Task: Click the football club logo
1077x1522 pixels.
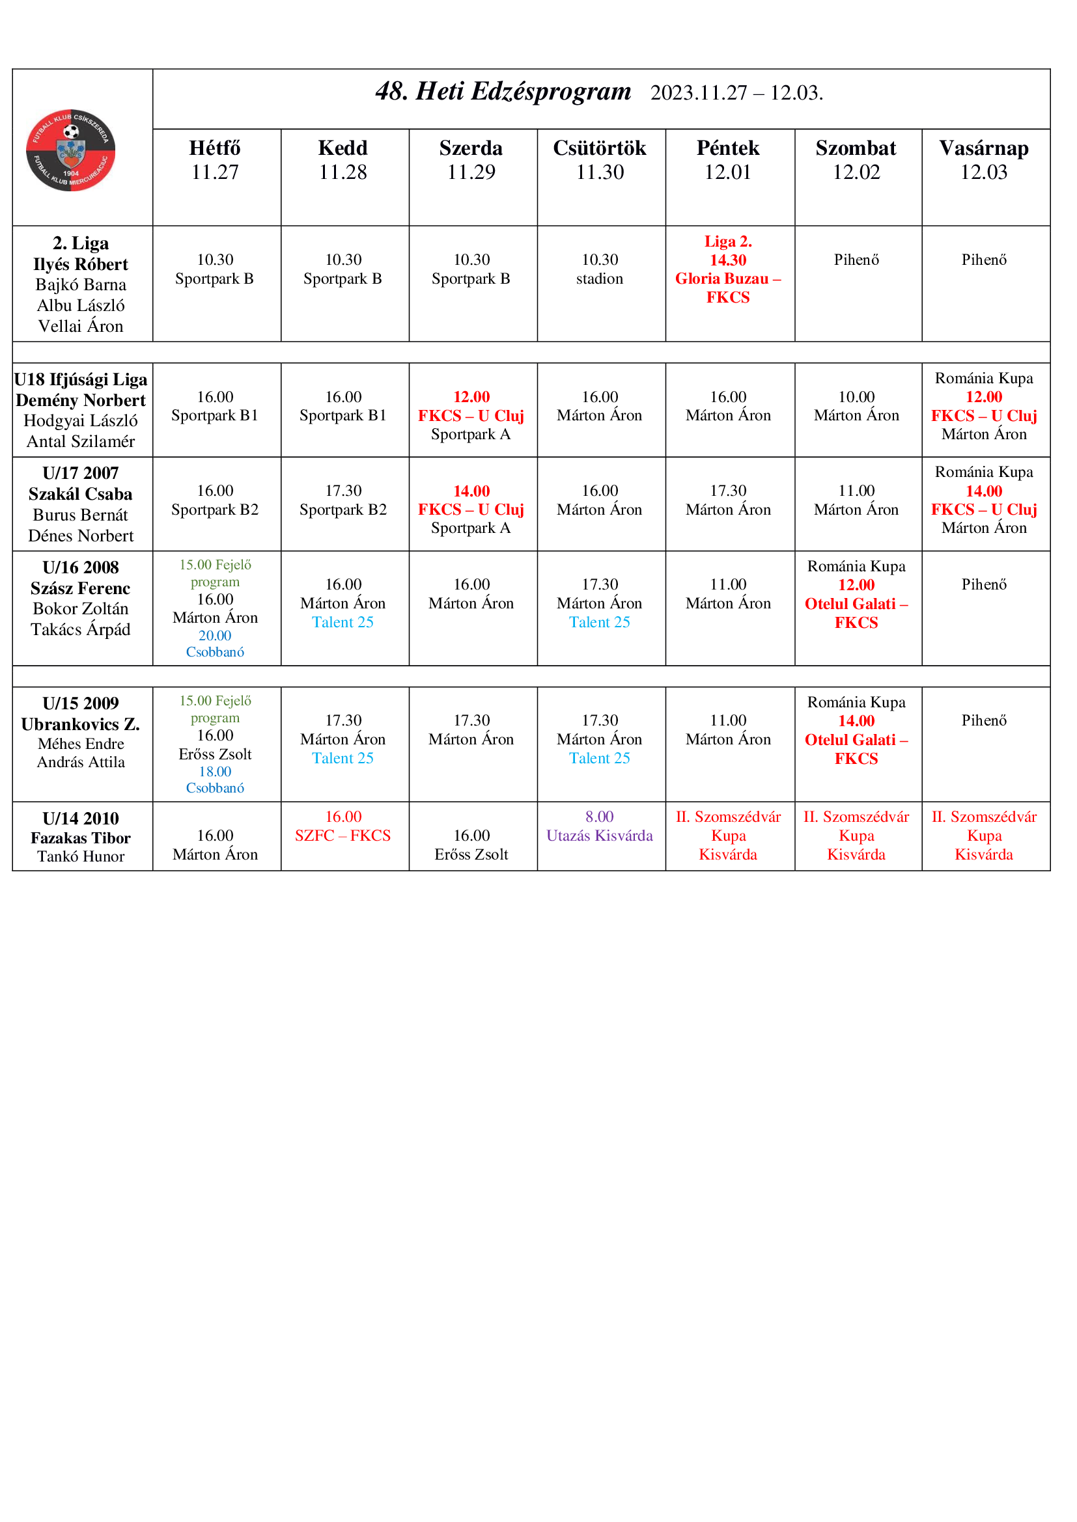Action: pos(70,150)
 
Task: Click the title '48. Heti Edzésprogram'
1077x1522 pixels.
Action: pos(503,92)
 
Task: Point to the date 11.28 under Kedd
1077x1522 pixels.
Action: pos(343,172)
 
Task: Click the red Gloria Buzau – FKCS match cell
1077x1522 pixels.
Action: pos(727,279)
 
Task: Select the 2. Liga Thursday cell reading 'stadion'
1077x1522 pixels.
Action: pos(600,279)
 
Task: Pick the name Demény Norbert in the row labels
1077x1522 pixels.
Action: pos(80,400)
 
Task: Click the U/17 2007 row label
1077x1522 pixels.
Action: pos(80,473)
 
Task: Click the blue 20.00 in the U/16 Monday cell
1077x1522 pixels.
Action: pos(215,635)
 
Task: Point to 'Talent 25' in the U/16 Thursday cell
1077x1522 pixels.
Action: pos(600,622)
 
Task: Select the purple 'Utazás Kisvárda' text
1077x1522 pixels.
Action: pos(600,836)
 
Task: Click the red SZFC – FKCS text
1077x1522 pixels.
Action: pos(343,836)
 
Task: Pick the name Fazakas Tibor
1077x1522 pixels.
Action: pos(80,838)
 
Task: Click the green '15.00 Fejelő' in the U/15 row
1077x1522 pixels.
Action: pos(215,701)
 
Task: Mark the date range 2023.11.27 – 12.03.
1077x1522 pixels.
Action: pos(736,93)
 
